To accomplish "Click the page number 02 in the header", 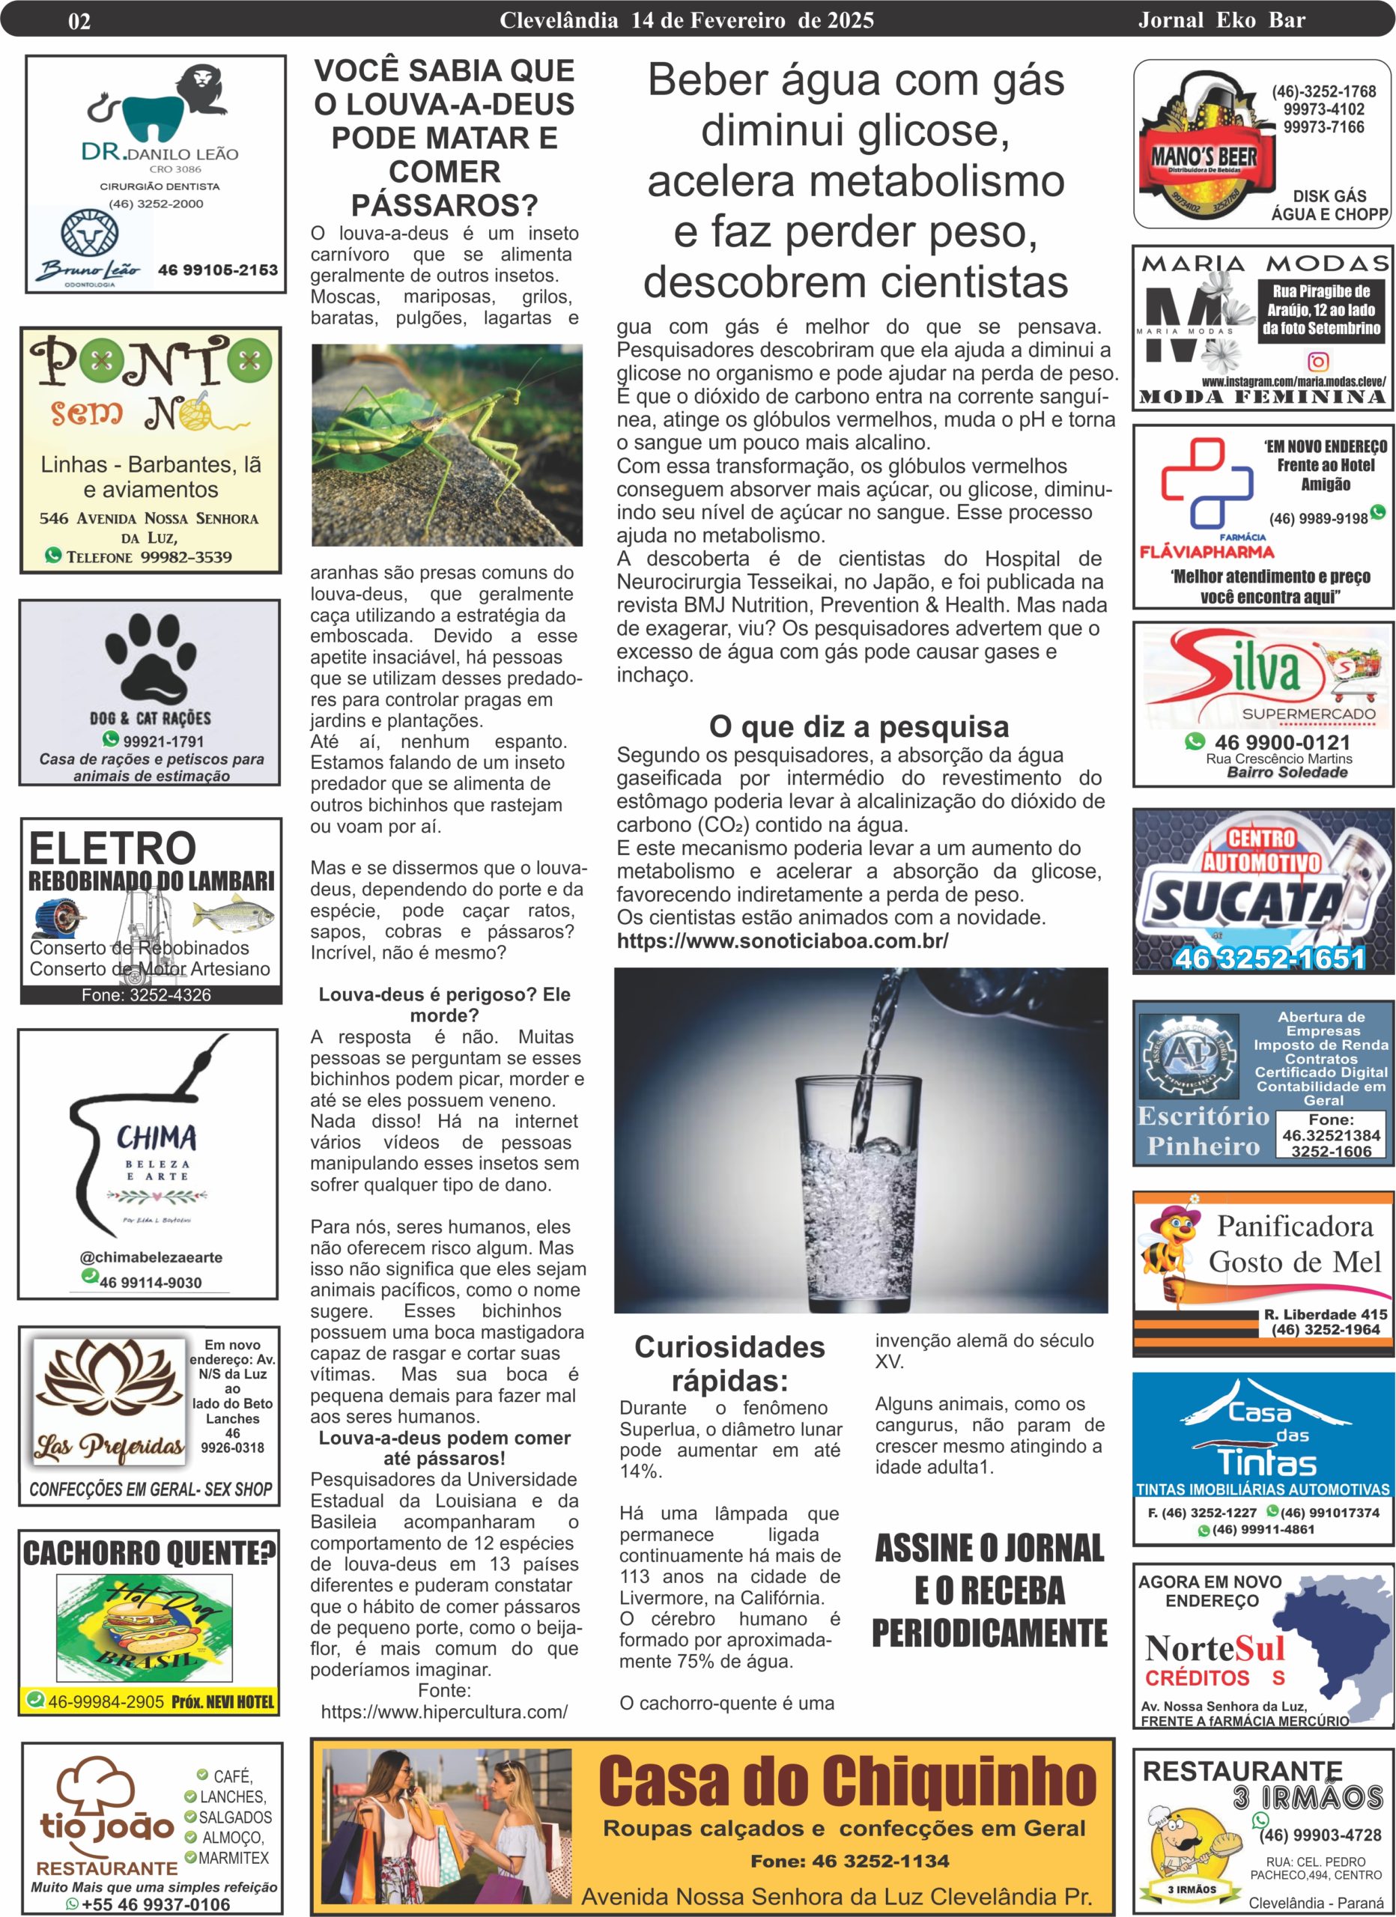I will (79, 21).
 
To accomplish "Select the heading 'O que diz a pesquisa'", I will (858, 726).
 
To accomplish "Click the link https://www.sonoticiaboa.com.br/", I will (782, 941).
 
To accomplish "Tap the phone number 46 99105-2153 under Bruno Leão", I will (217, 270).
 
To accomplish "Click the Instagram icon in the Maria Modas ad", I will (1318, 362).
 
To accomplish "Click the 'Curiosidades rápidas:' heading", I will (729, 1364).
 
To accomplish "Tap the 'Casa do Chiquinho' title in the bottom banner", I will (847, 1779).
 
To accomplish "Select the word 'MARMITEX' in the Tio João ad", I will (234, 1858).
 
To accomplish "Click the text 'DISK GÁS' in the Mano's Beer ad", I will (1329, 196).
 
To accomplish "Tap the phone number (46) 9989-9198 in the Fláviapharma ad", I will (1317, 518).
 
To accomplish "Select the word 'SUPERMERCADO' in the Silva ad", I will (1308, 714).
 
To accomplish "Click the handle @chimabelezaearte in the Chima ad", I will (151, 1257).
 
